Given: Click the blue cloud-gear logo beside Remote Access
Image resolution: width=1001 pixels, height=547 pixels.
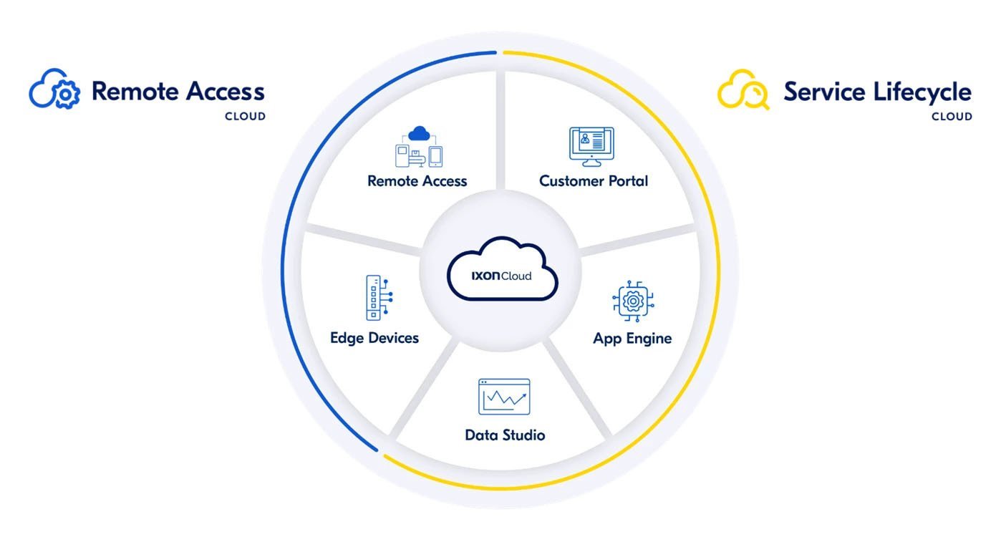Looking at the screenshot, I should point(54,89).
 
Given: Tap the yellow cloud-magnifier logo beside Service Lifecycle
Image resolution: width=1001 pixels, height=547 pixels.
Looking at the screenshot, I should point(743,89).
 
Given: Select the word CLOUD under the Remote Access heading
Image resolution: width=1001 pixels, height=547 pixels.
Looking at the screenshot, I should point(245,117).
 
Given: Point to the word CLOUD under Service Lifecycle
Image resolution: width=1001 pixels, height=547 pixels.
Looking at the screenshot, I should point(952,117).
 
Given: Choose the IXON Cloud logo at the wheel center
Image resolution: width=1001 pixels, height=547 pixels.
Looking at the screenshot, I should point(502,274).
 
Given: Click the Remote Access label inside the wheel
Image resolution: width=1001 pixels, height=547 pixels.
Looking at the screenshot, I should point(417,181).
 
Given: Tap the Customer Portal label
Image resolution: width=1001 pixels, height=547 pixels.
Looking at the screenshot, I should point(593,181).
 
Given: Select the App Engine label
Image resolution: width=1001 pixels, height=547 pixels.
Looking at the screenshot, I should point(632,338).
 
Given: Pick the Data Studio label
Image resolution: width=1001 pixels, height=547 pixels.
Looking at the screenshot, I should point(505,435).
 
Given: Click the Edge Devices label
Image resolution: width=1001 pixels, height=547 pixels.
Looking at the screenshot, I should point(374,338).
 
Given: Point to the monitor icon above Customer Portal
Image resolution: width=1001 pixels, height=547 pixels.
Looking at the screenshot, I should point(591,147).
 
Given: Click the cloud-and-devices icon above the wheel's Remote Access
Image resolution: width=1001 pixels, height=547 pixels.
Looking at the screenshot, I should point(419,147).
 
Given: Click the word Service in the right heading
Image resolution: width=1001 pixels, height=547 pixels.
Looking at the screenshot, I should point(823,92).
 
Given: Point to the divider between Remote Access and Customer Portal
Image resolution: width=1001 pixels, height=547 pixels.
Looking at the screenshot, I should point(500,129).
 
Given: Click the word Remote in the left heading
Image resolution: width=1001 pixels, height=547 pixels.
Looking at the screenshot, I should point(135,92).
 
